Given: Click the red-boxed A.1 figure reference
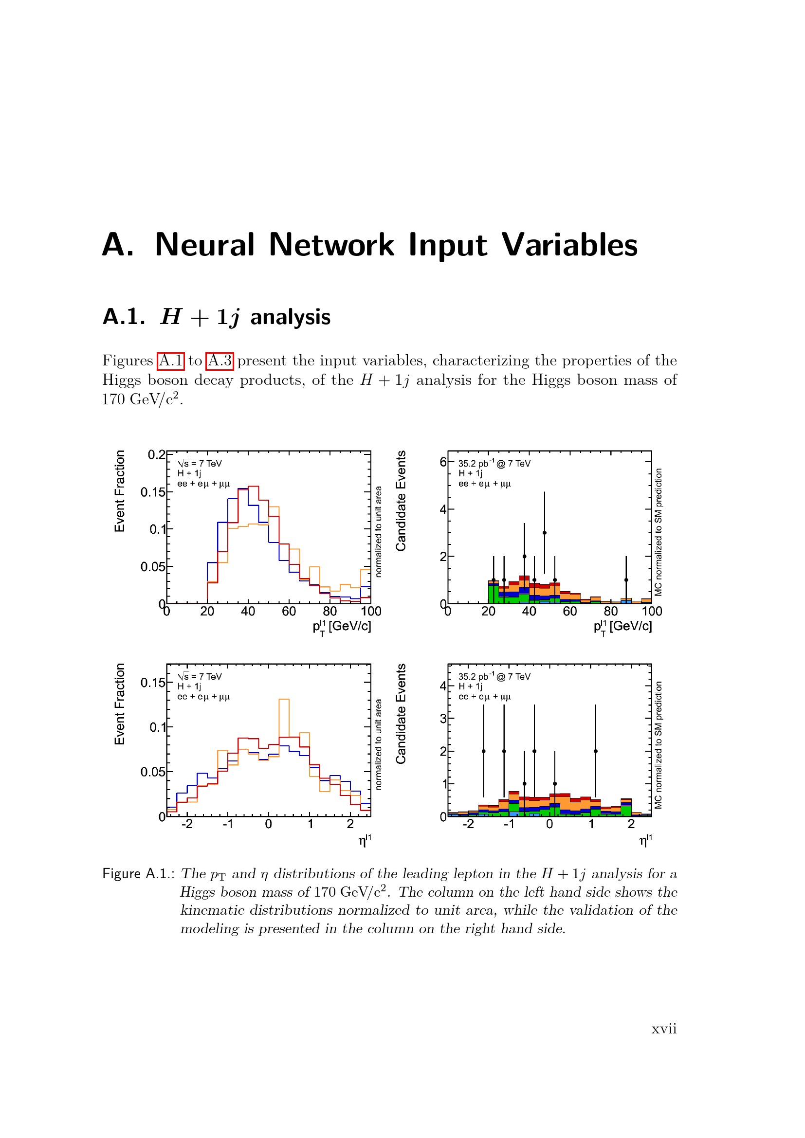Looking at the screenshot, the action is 170,361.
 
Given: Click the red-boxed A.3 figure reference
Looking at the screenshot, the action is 220,361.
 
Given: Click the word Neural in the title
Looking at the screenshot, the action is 205,245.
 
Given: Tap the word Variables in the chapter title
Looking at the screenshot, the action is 569,245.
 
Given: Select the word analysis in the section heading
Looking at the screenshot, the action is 291,317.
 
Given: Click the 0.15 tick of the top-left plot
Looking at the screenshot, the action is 153,492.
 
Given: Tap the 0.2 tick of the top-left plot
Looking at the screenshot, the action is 157,454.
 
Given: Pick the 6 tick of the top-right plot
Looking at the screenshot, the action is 443,462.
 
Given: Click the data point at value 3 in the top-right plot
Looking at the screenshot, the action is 544,533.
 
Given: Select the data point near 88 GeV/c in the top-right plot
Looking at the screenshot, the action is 626,580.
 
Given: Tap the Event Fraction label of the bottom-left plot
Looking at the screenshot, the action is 119,704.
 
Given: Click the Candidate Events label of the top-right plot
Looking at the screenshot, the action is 401,501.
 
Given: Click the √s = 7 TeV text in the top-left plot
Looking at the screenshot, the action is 200,464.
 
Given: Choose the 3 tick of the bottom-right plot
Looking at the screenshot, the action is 443,718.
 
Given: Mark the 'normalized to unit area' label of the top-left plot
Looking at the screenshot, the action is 379,532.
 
